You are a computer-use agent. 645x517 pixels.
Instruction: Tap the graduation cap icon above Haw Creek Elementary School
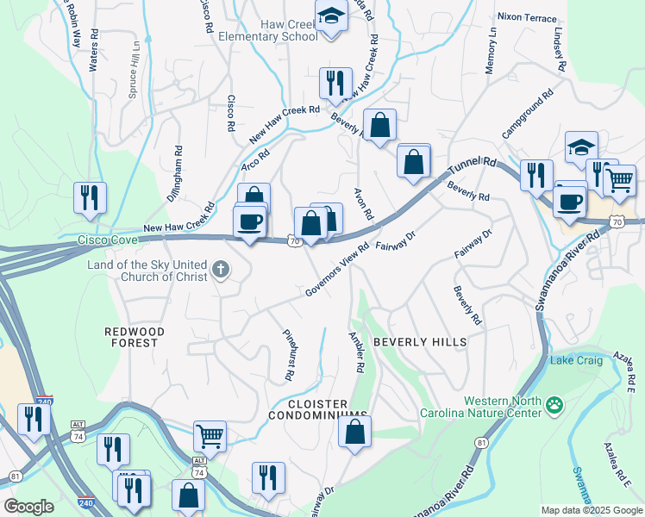[330, 16]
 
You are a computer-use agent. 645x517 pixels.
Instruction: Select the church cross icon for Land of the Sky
[221, 271]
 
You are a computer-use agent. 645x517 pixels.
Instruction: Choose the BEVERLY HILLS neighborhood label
[420, 342]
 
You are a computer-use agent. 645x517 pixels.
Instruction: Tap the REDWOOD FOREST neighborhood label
[132, 337]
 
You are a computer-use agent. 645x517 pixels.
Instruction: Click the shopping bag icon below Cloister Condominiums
[354, 431]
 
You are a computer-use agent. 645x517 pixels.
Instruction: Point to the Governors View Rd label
[336, 269]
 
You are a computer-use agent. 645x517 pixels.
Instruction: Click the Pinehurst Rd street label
[289, 355]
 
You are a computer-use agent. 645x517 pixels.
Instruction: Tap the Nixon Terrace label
[528, 16]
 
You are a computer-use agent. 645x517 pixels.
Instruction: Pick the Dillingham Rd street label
[178, 172]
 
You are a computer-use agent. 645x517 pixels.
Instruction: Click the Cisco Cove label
[107, 240]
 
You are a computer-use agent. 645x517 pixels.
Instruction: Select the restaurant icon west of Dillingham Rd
[90, 197]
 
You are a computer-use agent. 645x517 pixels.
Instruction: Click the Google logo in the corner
[28, 506]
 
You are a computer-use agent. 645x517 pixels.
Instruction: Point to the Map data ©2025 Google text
[591, 510]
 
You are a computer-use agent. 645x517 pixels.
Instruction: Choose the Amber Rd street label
[355, 352]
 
